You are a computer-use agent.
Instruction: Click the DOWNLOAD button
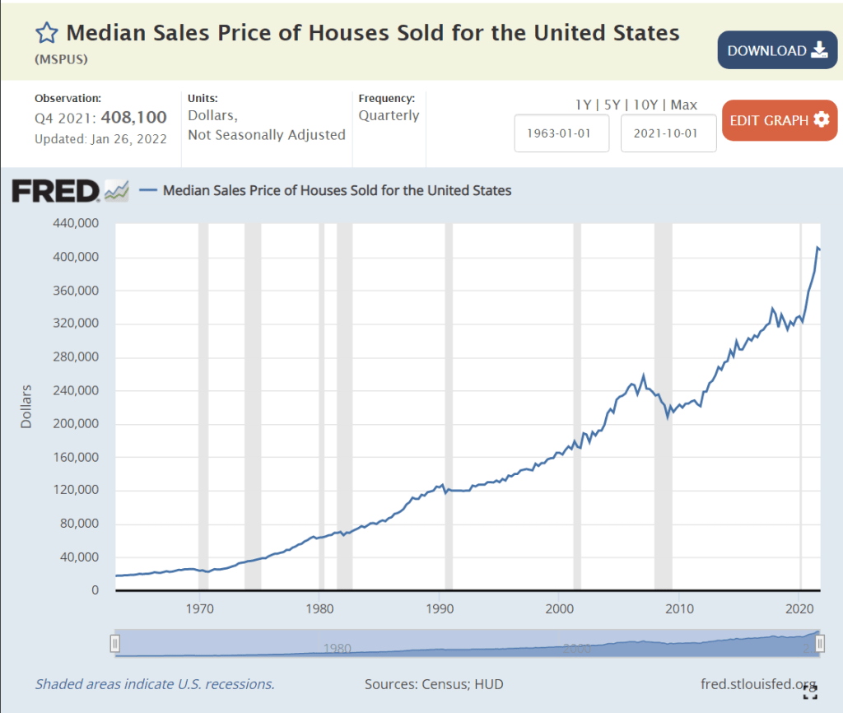pyautogui.click(x=776, y=50)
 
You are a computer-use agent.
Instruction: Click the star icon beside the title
pyautogui.click(x=46, y=33)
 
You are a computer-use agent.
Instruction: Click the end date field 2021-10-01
pyautogui.click(x=668, y=133)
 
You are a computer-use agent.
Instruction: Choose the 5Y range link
pyautogui.click(x=613, y=105)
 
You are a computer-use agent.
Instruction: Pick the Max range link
pyautogui.click(x=683, y=105)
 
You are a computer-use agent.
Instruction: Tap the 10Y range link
pyautogui.click(x=647, y=105)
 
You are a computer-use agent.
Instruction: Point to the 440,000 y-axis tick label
pyautogui.click(x=76, y=223)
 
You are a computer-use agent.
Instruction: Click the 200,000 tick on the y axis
pyautogui.click(x=76, y=424)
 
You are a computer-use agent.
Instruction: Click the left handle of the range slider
pyautogui.click(x=116, y=643)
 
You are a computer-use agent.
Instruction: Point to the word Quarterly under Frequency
pyautogui.click(x=389, y=115)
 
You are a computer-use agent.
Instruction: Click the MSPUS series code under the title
pyautogui.click(x=62, y=60)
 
